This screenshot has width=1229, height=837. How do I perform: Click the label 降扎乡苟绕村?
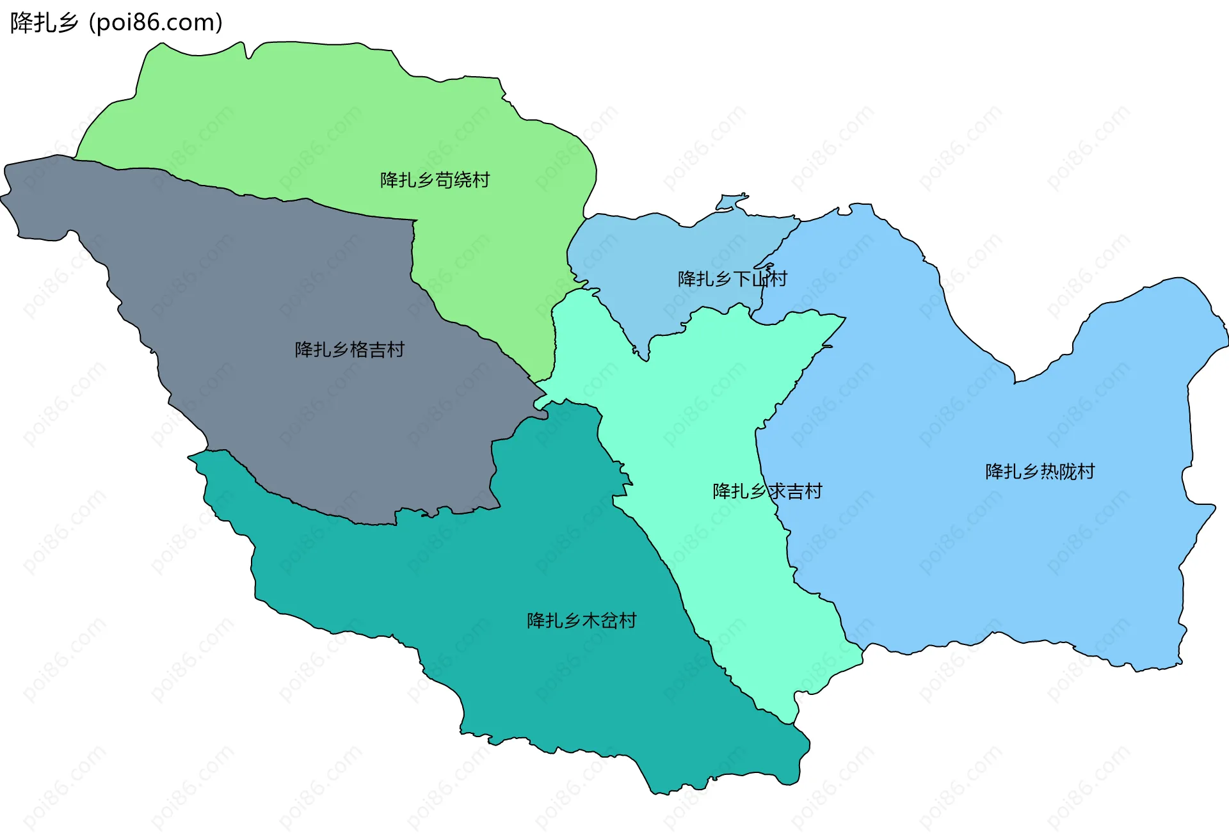pos(435,180)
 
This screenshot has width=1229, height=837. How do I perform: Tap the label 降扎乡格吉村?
pos(349,350)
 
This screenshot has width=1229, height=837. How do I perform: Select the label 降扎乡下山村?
pos(732,279)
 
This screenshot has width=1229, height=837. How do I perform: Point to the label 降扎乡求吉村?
pos(767,491)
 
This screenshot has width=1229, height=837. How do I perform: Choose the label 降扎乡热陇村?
pos(1040,472)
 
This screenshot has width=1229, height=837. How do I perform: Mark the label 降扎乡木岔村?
pos(581,621)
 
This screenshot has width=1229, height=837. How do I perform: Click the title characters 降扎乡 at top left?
pos(44,23)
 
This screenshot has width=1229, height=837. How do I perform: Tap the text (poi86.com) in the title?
pos(156,23)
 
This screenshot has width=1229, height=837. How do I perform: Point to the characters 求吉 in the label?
pos(785,491)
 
